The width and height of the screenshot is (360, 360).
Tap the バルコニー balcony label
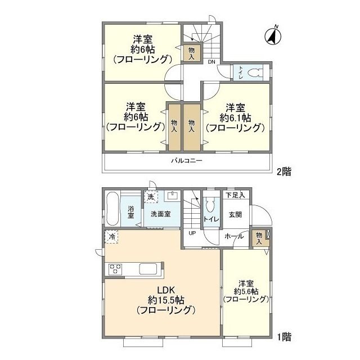187,161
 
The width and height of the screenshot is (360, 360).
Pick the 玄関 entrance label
235,214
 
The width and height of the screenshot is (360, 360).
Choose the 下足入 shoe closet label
235,195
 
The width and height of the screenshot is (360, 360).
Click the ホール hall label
235,236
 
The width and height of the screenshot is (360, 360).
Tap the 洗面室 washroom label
160,214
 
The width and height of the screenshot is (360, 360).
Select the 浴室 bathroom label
130,212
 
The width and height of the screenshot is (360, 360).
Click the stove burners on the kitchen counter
116,269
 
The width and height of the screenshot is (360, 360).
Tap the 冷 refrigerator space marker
112,237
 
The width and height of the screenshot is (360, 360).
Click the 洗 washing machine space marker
150,197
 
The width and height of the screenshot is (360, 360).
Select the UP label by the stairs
192,233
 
